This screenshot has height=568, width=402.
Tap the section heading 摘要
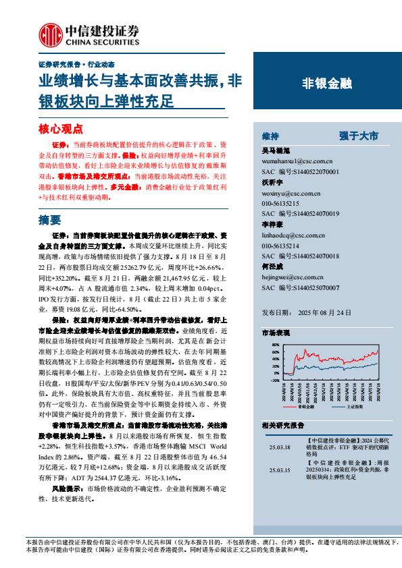(50, 219)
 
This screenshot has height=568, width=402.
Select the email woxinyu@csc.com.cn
(288, 194)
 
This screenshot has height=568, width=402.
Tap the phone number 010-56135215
(281, 203)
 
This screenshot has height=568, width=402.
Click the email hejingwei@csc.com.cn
(289, 277)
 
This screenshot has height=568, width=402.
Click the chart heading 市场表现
(276, 333)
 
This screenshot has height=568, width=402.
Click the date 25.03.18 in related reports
(278, 447)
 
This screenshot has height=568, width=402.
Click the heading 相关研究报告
(282, 425)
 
